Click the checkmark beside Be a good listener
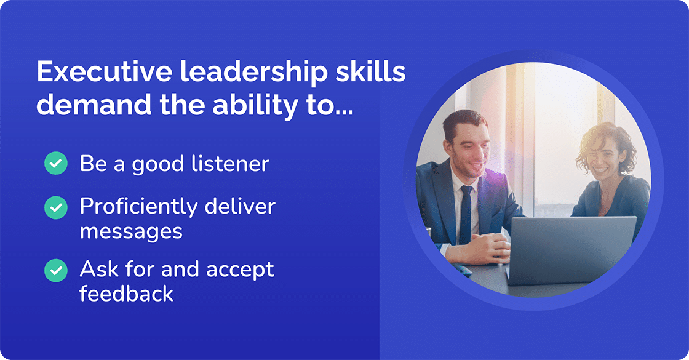(x=56, y=164)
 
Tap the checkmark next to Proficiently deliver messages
(x=56, y=208)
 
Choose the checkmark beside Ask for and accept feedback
(x=56, y=270)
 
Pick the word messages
(x=131, y=231)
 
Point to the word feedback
(x=127, y=294)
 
